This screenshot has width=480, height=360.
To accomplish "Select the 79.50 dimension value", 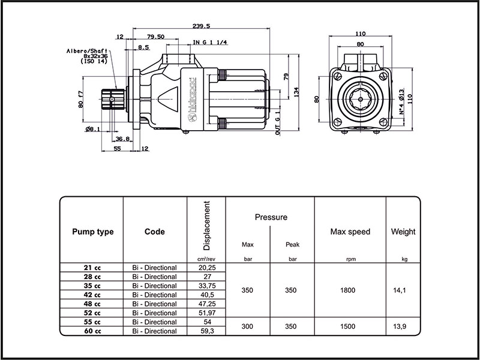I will coord(155,37).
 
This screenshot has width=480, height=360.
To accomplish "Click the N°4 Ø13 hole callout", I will coord(401,102).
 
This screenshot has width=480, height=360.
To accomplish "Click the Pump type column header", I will coord(92,232).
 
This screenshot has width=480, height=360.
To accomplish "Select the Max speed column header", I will coord(350,232).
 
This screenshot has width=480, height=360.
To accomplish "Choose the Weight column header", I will coord(403,232).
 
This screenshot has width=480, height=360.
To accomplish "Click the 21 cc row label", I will coord(92,268).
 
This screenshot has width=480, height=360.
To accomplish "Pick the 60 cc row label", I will coord(92,331).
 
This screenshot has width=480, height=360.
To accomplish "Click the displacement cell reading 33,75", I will coord(206,286).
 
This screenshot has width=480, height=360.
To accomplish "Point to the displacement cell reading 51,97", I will coord(206,313).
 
